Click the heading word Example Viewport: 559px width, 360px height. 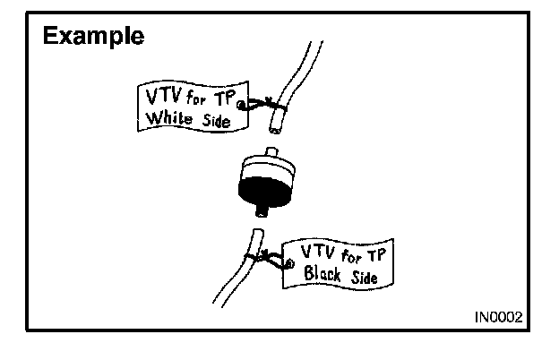coord(95,37)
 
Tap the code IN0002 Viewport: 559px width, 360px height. coord(500,318)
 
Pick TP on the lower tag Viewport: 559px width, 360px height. coord(381,253)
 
